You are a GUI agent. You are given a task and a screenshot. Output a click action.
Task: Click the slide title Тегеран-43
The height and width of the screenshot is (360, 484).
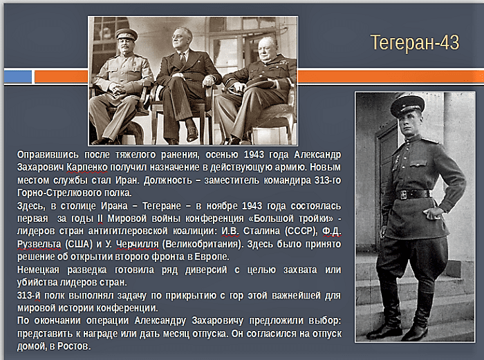(415, 43)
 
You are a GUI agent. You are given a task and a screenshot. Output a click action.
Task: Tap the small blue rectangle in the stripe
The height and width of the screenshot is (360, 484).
(18, 77)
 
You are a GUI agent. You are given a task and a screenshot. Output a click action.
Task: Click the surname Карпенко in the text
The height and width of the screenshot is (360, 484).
(87, 167)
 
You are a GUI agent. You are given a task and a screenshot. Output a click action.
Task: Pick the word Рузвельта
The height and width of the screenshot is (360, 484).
(39, 244)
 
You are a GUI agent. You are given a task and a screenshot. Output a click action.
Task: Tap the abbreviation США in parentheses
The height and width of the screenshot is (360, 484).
(79, 244)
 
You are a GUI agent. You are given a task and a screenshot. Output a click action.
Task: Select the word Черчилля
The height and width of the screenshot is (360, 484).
(138, 244)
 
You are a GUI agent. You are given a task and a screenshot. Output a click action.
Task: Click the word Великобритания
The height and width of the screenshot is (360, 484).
(203, 244)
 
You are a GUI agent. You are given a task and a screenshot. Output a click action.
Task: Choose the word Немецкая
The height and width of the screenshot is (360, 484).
(38, 269)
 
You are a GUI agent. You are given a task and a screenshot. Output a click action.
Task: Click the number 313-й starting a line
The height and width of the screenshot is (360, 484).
(29, 296)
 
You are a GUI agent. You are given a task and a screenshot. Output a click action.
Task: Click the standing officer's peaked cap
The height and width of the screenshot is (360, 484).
(407, 106)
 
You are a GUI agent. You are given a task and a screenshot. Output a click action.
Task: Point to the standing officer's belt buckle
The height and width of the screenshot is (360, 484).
(404, 195)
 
